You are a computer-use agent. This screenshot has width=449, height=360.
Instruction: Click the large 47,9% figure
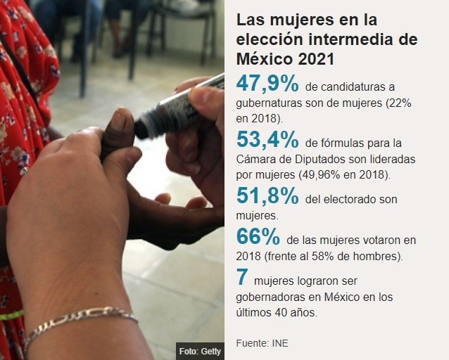[x=267, y=85]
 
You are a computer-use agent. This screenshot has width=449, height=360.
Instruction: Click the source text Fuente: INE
[x=262, y=343]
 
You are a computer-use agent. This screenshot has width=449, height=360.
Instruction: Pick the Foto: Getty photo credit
[x=198, y=350]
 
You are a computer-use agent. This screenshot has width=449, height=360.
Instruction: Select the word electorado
[x=356, y=200]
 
